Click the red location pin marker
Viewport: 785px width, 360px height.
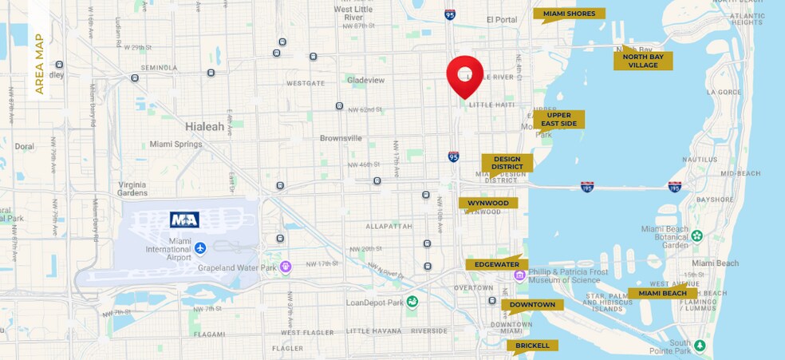click(464, 74)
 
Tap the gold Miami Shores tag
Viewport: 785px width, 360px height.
click(569, 14)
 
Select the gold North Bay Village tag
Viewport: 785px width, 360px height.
click(642, 61)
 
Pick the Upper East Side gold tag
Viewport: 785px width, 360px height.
click(558, 119)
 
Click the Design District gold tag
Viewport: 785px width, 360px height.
click(507, 163)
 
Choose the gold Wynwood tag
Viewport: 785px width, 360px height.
click(487, 203)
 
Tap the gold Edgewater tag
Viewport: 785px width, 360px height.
click(497, 264)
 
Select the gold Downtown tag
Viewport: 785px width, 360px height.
click(532, 304)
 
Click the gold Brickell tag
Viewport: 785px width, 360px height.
click(532, 345)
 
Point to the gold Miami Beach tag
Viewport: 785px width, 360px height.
click(662, 293)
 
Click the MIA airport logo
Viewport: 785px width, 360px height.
click(184, 220)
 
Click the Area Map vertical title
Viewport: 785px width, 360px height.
click(39, 64)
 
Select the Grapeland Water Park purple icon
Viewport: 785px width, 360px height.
click(286, 267)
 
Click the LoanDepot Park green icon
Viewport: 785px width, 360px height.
click(412, 301)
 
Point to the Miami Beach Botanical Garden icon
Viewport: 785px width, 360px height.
click(696, 235)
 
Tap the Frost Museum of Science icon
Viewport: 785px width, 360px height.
click(519, 275)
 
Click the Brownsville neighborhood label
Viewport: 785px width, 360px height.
click(341, 138)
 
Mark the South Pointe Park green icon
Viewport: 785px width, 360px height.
click(700, 345)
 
